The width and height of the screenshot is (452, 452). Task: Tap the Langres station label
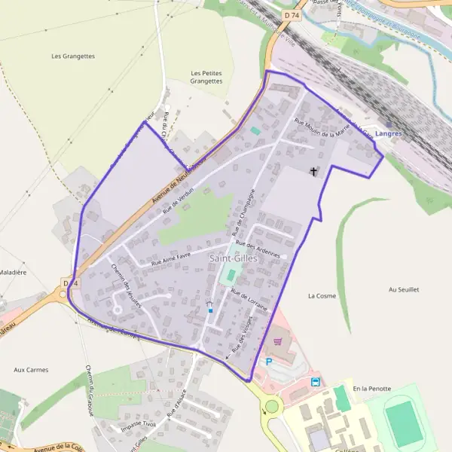[388, 133]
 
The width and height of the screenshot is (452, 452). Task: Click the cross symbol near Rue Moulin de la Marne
[314, 172]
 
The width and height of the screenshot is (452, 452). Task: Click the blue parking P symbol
[268, 362]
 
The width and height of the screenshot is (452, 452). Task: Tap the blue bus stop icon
[315, 381]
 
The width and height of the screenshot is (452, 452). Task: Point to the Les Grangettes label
[73, 56]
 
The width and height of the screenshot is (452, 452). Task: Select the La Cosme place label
[322, 296]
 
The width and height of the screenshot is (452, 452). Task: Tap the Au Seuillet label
[403, 289]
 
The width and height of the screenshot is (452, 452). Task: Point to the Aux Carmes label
[31, 370]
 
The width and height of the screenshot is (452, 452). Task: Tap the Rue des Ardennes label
[258, 249]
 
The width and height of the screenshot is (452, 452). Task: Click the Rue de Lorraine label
[249, 301]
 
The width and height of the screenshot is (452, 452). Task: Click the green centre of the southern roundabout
[271, 407]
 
